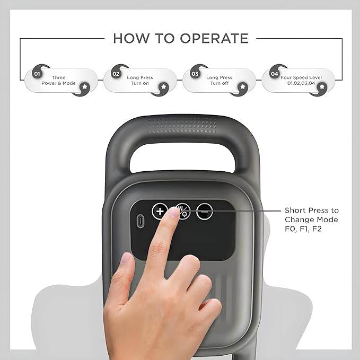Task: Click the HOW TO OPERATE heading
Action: pos(180,38)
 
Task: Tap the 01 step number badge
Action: pos(37,74)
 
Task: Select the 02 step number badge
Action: pos(116,74)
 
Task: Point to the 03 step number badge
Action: pos(195,74)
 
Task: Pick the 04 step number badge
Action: pos(274,74)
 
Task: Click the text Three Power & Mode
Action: pos(59,81)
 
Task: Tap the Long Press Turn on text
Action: pos(139,81)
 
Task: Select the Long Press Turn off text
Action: pos(219,81)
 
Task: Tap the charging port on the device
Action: pos(140,220)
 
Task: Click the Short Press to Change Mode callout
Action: pos(311,219)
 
